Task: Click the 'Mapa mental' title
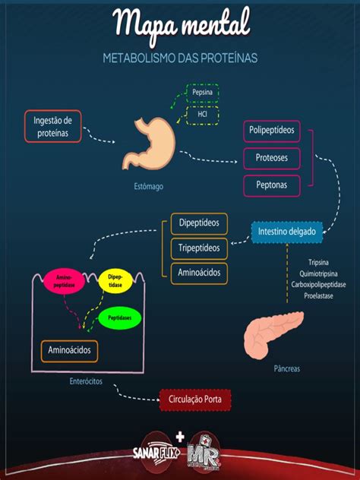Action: click(180, 24)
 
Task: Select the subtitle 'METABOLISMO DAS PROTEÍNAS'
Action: click(180, 58)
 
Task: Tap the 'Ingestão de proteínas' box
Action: click(52, 126)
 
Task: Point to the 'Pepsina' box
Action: click(202, 93)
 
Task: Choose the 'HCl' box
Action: click(202, 115)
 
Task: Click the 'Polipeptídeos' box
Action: click(271, 131)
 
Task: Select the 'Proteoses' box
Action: click(271, 158)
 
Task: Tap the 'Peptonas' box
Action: click(271, 185)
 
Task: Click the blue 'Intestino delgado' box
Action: click(287, 231)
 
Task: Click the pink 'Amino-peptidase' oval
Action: click(65, 282)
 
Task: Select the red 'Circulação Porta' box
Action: click(194, 399)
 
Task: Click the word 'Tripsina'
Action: click(318, 262)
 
